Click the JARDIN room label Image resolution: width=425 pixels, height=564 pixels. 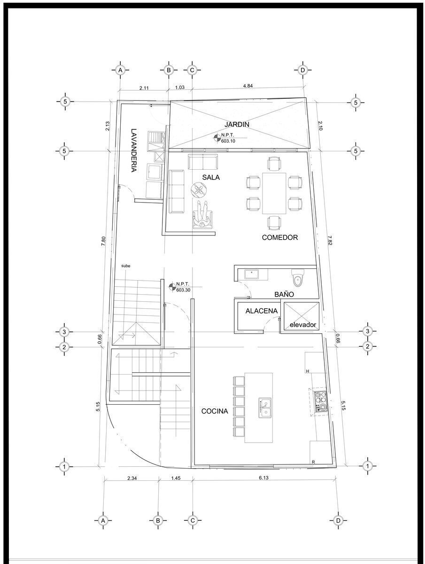[x=237, y=125]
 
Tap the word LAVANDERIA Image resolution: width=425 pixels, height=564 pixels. [x=134, y=150]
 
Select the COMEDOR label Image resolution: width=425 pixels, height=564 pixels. [x=280, y=237]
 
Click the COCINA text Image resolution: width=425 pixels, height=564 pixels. [x=215, y=411]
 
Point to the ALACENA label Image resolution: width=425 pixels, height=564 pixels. [x=261, y=311]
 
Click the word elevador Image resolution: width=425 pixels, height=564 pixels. [x=303, y=325]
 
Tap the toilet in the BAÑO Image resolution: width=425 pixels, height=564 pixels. [x=298, y=278]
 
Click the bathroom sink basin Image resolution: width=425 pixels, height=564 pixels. [x=252, y=274]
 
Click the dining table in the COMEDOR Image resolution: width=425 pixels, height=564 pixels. [x=274, y=193]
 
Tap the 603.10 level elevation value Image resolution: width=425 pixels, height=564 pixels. [x=228, y=141]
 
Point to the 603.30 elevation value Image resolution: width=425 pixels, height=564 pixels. [x=183, y=290]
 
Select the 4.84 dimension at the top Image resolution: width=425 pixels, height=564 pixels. [x=247, y=86]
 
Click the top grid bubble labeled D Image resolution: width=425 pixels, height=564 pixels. [x=303, y=70]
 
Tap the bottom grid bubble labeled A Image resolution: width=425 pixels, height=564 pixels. [x=103, y=521]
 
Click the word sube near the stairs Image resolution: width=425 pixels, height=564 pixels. [x=125, y=266]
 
